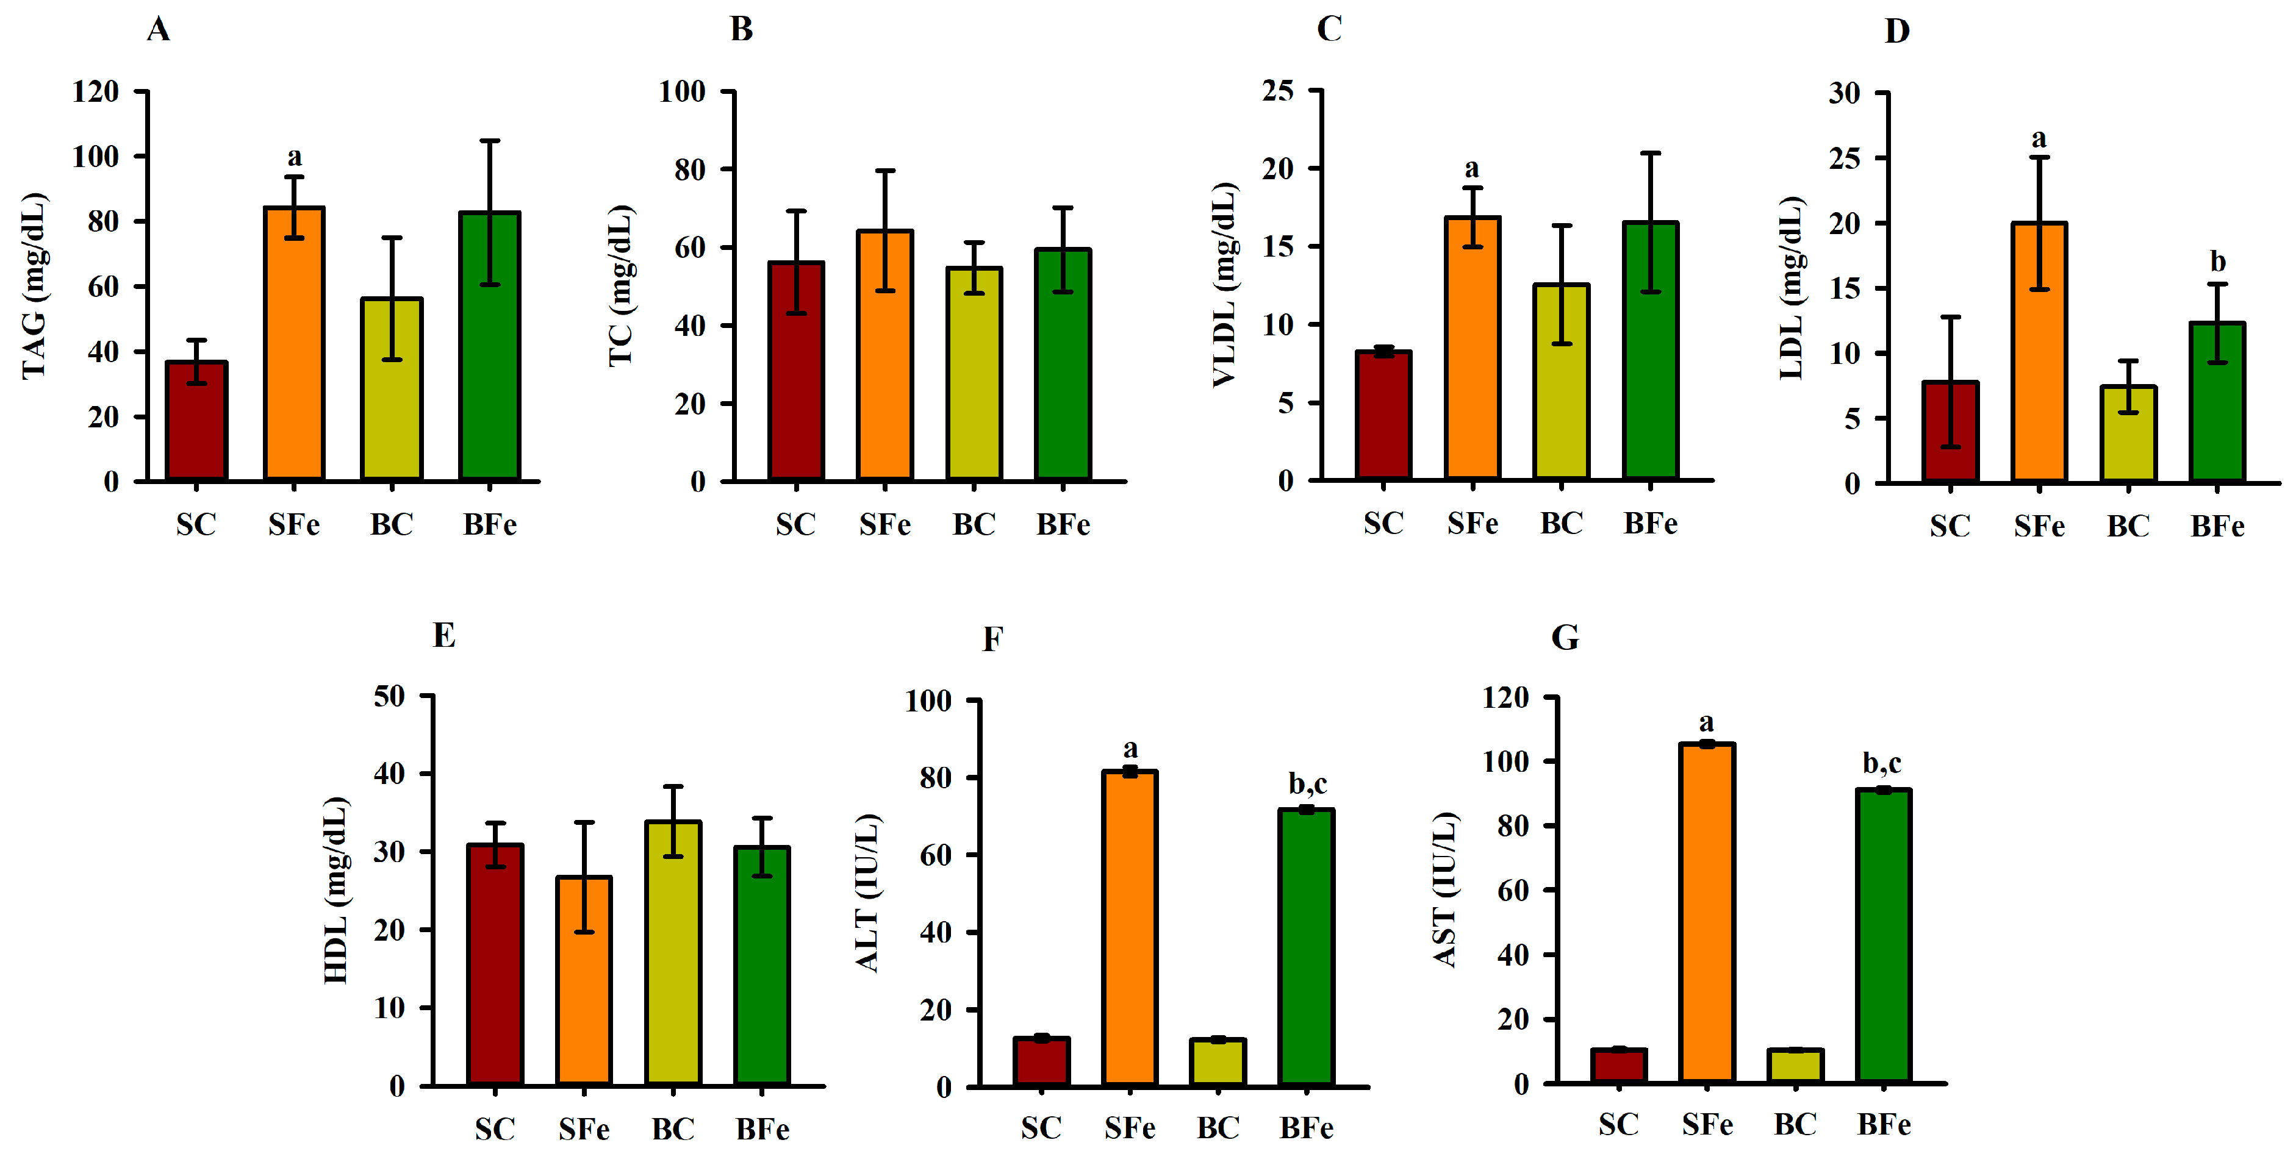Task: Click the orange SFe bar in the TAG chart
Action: pyautogui.click(x=294, y=357)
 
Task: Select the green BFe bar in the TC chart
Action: pyautogui.click(x=1063, y=374)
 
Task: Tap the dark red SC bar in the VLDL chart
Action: pyautogui.click(x=1383, y=419)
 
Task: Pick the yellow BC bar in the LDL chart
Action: pyautogui.click(x=2128, y=437)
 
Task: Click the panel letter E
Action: pyautogui.click(x=444, y=636)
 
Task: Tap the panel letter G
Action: pyautogui.click(x=1565, y=638)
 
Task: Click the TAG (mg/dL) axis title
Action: pyautogui.click(x=34, y=285)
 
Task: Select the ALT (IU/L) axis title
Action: pyautogui.click(x=867, y=891)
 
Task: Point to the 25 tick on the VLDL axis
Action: pyautogui.click(x=1278, y=90)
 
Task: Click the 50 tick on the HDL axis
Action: pyautogui.click(x=390, y=696)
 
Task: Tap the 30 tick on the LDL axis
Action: pyautogui.click(x=1844, y=93)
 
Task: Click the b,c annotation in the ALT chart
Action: pyautogui.click(x=1308, y=784)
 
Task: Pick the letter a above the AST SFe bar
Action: pyautogui.click(x=1706, y=722)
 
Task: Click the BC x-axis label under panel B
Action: pyautogui.click(x=974, y=525)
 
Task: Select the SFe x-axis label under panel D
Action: pyautogui.click(x=2039, y=527)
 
